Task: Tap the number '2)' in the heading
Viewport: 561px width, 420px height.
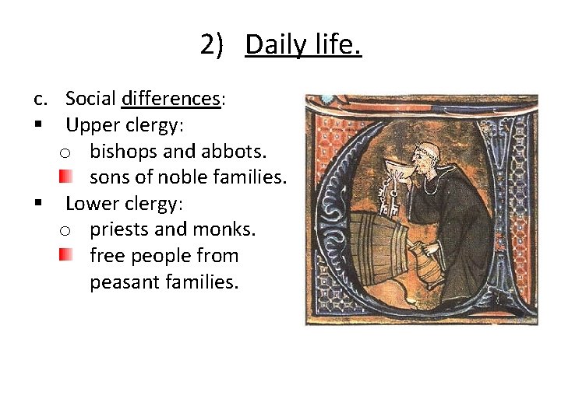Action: (x=211, y=45)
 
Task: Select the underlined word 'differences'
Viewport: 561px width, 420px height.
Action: (x=171, y=99)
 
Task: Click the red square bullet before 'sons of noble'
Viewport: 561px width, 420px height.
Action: (x=66, y=177)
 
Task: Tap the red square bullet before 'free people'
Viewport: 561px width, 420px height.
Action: (x=66, y=255)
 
